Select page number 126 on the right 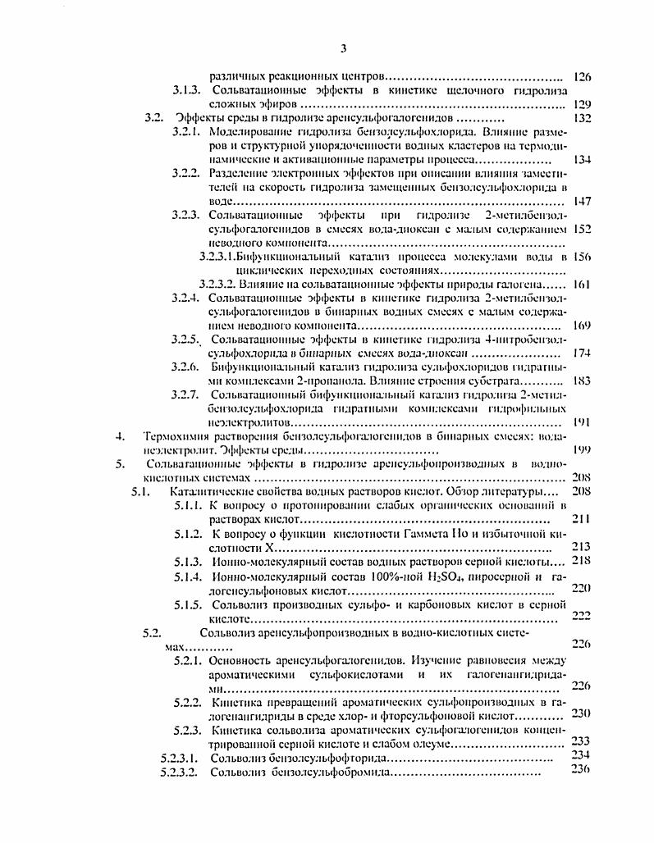point(583,76)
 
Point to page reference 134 point(583,159)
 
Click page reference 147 point(583,201)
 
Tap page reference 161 point(583,285)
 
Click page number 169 point(583,326)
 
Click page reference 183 point(583,380)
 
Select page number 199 point(583,449)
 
